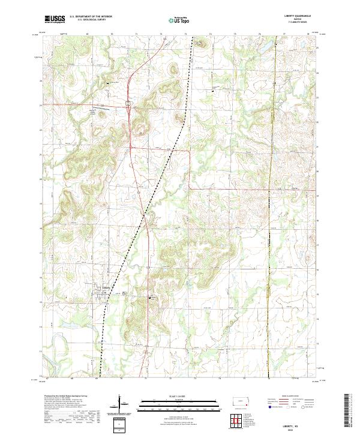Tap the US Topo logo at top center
coord(175,20)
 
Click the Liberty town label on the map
coord(106,287)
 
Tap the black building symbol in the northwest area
coord(108,82)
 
